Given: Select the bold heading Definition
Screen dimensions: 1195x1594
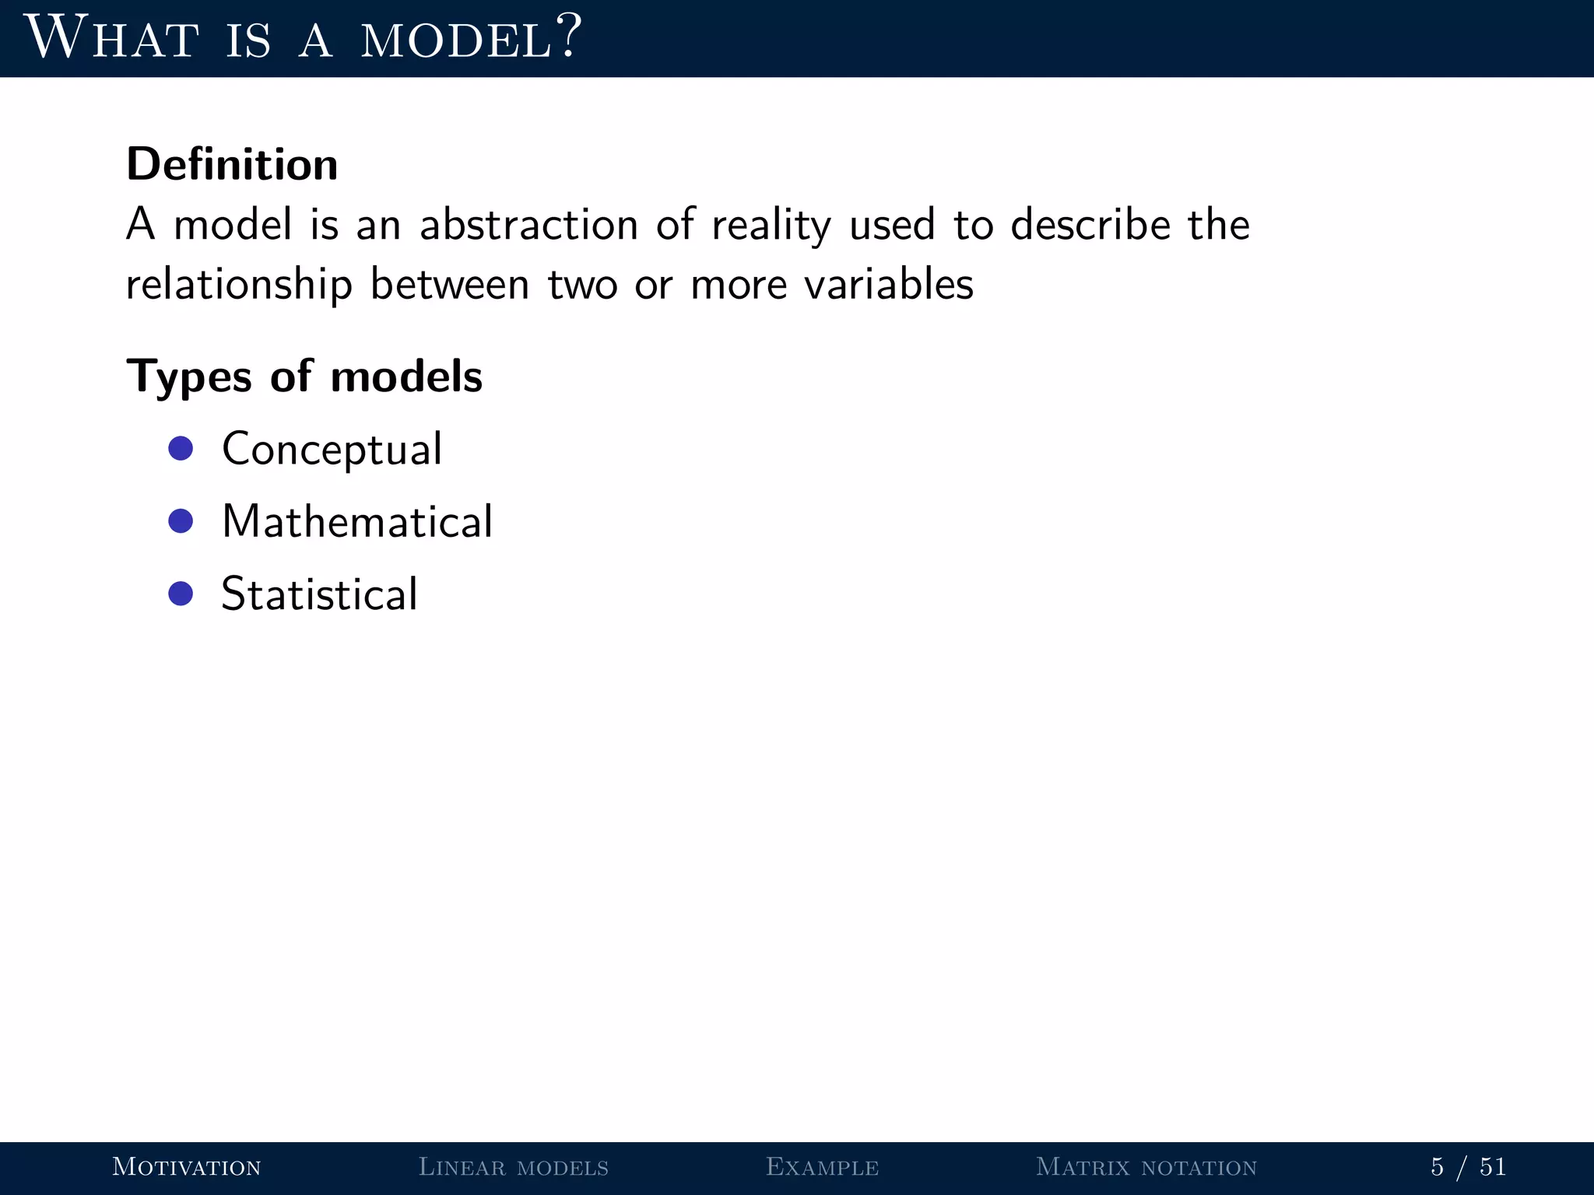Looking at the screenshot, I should [232, 164].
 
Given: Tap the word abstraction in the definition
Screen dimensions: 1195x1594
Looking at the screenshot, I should [528, 225].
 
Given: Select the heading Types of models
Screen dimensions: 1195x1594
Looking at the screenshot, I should [304, 377].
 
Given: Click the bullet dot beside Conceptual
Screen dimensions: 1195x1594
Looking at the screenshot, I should [181, 448].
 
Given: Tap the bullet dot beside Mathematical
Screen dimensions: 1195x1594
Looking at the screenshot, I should [181, 521].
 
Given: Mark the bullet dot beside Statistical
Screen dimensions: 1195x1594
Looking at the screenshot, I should [181, 594].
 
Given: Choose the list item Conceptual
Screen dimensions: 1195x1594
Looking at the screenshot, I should [332, 449].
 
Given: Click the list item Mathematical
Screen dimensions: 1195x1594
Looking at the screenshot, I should [357, 521].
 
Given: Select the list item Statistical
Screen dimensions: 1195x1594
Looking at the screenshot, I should [320, 594].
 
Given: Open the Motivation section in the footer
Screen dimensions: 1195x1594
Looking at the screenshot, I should [187, 1167].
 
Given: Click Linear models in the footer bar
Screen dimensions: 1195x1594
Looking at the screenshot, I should [514, 1167].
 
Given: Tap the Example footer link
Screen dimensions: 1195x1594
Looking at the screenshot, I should [822, 1167].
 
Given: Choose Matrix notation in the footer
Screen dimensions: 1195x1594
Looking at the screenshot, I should [1146, 1167].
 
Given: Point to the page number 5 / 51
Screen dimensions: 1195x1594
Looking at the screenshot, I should [1469, 1167].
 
